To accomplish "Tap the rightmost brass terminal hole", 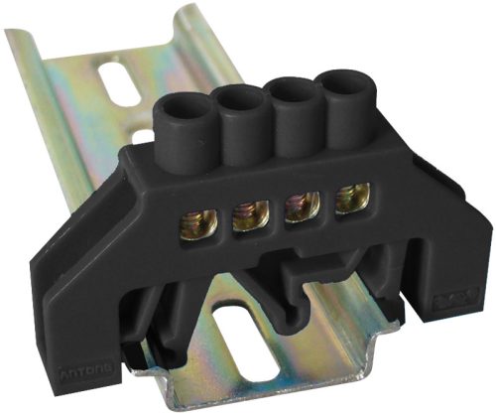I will pos(348,200).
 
